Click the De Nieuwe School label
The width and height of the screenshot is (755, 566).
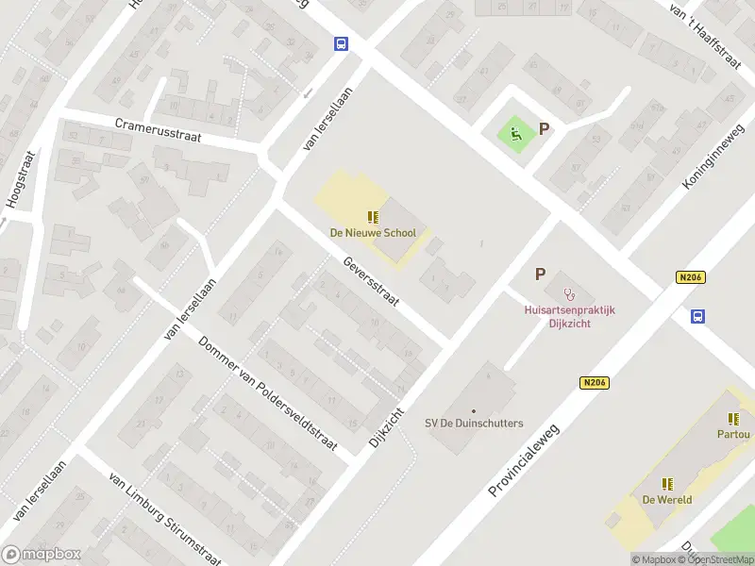click(x=372, y=233)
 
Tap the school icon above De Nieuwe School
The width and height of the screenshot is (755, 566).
click(x=373, y=217)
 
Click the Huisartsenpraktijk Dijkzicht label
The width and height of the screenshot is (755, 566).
click(x=570, y=315)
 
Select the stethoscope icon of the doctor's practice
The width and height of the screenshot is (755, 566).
click(x=568, y=293)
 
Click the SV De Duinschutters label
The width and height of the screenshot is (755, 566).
click(x=474, y=424)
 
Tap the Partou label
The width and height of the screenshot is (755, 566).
click(x=733, y=434)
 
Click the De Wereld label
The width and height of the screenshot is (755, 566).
click(x=667, y=500)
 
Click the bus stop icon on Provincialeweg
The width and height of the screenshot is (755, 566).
click(x=698, y=316)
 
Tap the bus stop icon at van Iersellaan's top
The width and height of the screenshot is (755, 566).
click(x=341, y=43)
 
